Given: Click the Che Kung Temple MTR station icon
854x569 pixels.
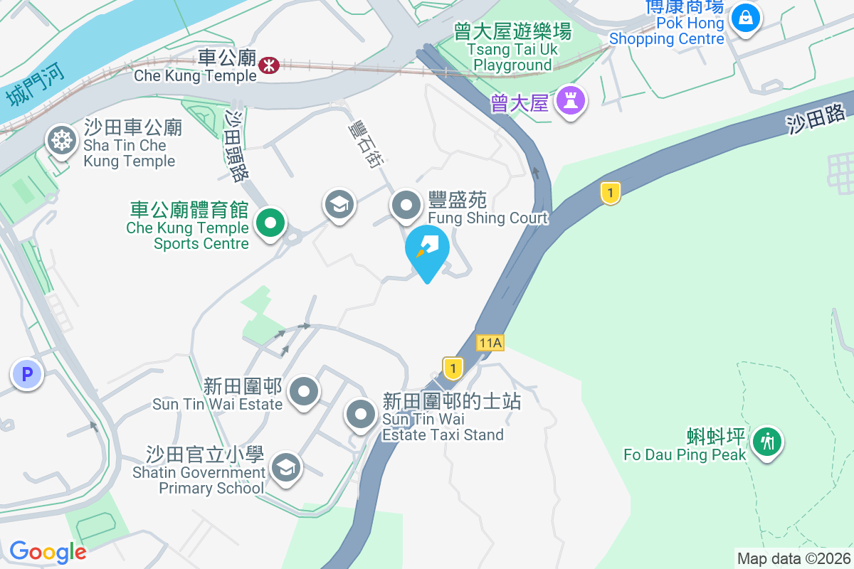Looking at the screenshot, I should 269,65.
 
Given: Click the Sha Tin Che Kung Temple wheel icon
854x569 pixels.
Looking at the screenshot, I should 62,140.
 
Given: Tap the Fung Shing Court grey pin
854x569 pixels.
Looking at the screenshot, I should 406,206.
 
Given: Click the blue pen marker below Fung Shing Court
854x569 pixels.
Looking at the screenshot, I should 427,250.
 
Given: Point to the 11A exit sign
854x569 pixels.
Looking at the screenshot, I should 490,343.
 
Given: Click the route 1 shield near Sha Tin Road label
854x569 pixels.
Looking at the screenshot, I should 610,193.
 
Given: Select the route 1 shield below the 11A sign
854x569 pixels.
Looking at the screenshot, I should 453,368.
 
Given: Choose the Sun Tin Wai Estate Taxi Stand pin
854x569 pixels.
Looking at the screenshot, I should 361,414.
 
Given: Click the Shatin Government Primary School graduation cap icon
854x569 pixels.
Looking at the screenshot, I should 286,467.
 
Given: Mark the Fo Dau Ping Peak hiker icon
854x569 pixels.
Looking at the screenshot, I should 767,442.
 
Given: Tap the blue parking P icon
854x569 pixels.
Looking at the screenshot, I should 27,373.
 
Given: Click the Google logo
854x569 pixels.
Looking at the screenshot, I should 48,552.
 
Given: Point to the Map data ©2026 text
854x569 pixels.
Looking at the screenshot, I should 794,558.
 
